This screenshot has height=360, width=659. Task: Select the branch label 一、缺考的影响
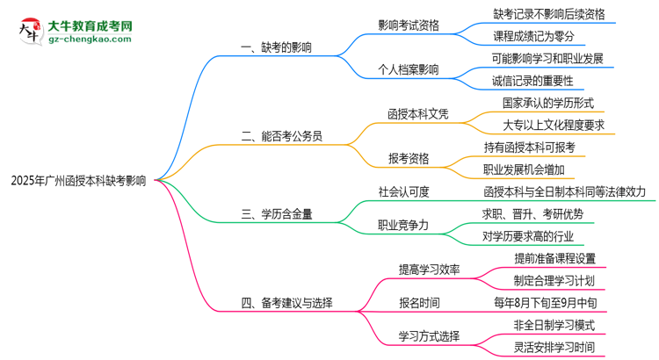click(x=276, y=47)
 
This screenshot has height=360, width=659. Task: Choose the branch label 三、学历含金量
click(x=277, y=212)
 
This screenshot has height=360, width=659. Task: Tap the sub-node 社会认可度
click(x=403, y=190)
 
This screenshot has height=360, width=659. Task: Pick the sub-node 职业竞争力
click(x=403, y=225)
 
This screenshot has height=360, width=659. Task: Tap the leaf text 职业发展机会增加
click(x=524, y=169)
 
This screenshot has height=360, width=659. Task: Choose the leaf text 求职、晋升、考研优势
click(x=532, y=213)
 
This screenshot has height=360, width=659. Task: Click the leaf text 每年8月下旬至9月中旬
click(x=546, y=303)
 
